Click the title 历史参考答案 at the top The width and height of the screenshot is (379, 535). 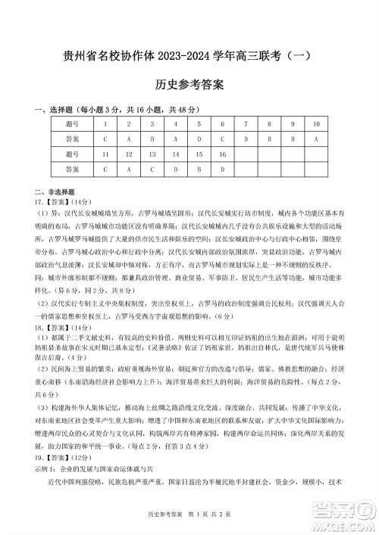189,86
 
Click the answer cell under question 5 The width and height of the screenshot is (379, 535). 199,139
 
